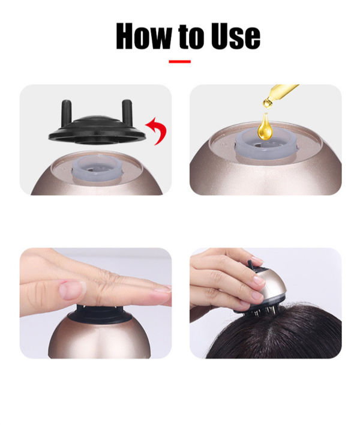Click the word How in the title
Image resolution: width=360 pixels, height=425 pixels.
pos(143,36)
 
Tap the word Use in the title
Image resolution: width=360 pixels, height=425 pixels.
pos(236,36)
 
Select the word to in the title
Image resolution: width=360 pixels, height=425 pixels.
pos(191,37)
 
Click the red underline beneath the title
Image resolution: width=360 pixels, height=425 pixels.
pos(179,61)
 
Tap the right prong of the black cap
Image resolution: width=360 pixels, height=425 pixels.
pos(127,112)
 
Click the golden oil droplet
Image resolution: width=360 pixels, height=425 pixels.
pos(265,127)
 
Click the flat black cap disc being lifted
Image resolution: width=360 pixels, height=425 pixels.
pos(97,131)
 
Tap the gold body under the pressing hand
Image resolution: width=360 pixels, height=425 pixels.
pos(100,339)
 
